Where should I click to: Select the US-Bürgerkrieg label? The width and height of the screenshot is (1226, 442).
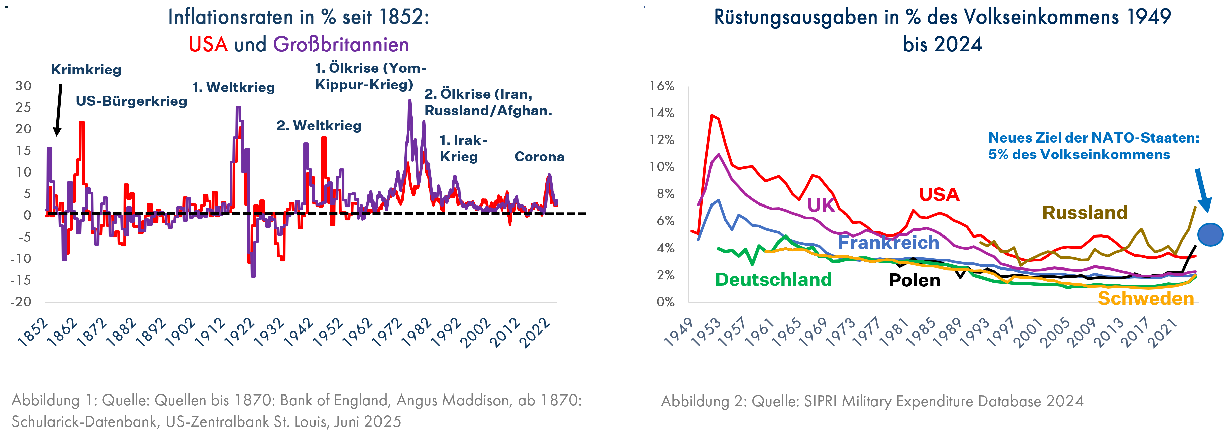[131, 101]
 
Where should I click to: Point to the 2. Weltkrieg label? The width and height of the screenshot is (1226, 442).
[319, 126]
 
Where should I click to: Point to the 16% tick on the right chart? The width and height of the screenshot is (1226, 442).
[662, 86]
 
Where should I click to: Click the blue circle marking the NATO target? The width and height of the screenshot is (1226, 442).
[1210, 234]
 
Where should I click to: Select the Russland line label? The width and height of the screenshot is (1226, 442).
[1085, 213]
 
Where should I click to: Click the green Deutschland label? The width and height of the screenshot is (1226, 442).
[773, 280]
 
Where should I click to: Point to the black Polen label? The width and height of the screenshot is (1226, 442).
[914, 281]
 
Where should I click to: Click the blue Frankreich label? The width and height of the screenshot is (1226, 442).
[888, 243]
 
